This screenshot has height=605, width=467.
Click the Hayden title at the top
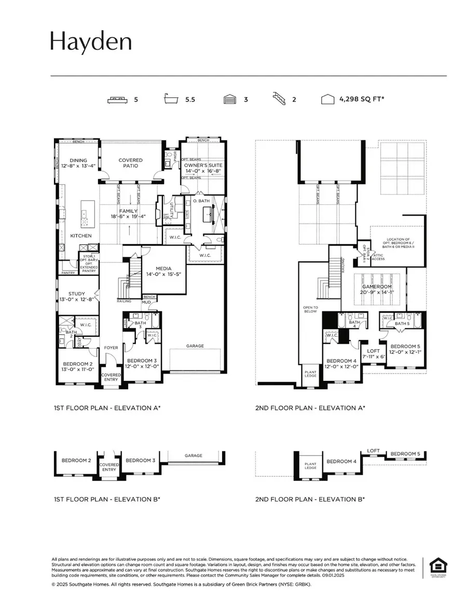[x=91, y=42]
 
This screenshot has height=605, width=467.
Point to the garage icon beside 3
[x=230, y=100]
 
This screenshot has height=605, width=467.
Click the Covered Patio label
[x=130, y=163]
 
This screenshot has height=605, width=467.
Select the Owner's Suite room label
[x=203, y=165]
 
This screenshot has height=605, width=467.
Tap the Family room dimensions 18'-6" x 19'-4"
[x=128, y=216]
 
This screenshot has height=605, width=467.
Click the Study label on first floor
[x=76, y=294]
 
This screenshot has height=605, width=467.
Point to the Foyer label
[x=112, y=348]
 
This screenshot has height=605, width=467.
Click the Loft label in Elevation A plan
[x=374, y=351]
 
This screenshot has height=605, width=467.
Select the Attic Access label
[x=378, y=256]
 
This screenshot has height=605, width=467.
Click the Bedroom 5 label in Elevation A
[x=405, y=346]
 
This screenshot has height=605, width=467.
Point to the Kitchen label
[x=81, y=236]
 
